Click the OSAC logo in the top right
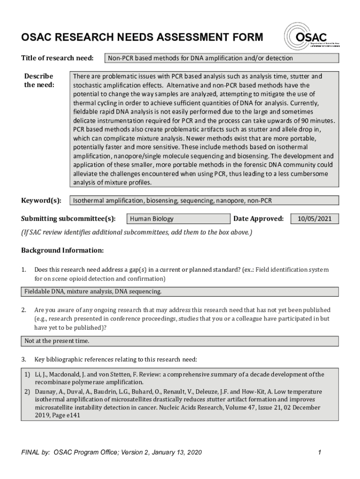[x=307, y=37]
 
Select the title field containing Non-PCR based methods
[x=222, y=58]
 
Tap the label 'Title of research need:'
[x=57, y=58]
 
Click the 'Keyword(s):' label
[x=41, y=201]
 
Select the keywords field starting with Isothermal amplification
[x=204, y=201]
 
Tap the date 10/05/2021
[x=315, y=218]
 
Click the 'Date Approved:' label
[x=258, y=218]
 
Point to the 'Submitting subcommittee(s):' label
[x=68, y=218]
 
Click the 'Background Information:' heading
[x=62, y=250]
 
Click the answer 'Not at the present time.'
[x=57, y=341]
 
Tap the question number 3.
[x=23, y=359]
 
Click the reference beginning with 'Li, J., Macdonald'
[x=178, y=378]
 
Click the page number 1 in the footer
[x=318, y=452]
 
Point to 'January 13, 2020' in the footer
[x=173, y=452]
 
